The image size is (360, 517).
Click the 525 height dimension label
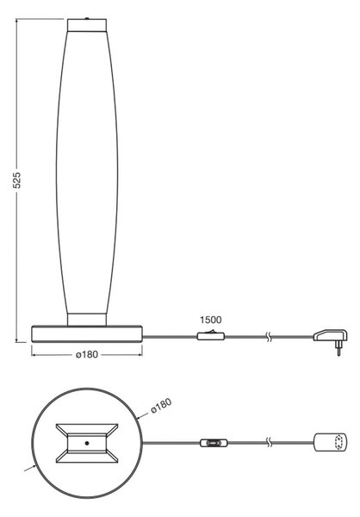(17, 180)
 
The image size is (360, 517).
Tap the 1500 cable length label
(211, 320)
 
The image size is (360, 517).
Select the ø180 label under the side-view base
(87, 354)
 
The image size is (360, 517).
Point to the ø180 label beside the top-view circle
(161, 406)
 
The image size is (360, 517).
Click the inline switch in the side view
(211, 336)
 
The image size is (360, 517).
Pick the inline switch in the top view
(214, 443)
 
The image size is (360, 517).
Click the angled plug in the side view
(331, 339)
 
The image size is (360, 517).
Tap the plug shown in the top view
(330, 442)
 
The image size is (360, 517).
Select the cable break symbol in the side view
(269, 337)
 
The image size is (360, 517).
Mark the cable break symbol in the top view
(269, 443)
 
